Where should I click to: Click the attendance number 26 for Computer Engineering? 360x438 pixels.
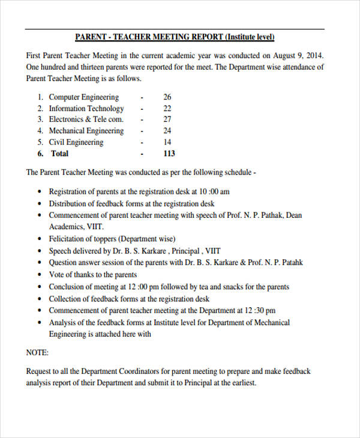167,97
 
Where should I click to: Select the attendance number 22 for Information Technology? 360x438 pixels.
167,109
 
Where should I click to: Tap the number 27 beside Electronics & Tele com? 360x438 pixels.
167,119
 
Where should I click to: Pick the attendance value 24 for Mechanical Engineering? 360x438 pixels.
167,131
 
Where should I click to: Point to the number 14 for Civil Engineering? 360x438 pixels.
167,142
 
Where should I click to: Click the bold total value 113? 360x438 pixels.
169,154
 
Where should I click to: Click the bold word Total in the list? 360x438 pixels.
59,154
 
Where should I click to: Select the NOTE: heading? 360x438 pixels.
37,353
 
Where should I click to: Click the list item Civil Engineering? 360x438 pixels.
76,142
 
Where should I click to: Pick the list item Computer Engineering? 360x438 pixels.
84,97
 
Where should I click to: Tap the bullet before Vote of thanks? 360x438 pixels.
39,275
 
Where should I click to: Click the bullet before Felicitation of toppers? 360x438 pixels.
39,239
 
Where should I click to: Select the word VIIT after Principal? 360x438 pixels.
212,251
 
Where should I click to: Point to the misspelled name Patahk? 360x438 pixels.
290,263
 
